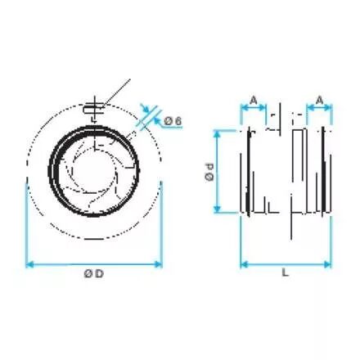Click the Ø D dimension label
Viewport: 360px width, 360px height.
94,273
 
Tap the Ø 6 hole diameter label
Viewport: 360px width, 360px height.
173,121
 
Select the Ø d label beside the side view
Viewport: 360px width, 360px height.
209,173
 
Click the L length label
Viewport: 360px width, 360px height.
285,272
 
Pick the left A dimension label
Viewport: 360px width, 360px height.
254,101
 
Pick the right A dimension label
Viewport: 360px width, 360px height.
319,101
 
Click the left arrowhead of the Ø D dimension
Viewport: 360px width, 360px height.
29,264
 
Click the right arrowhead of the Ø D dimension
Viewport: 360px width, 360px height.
159,264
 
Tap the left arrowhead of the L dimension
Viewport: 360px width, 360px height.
245,264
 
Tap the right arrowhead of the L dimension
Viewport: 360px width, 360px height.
327,264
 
